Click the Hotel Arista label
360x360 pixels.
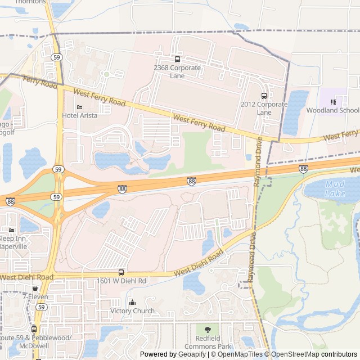point(79,115)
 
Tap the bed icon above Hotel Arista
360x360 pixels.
point(79,107)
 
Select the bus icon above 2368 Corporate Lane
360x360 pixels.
point(178,59)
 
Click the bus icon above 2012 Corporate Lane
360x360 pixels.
point(264,96)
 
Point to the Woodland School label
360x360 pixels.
point(332,110)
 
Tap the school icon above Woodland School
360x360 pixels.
point(332,102)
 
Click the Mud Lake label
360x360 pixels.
point(335,189)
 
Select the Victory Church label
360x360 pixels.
point(132,311)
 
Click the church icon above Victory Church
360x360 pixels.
point(132,303)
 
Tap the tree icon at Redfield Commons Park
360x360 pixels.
point(208,330)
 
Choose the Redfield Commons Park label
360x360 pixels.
point(208,342)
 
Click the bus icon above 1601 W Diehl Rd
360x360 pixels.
point(121,272)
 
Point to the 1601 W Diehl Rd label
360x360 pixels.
point(121,281)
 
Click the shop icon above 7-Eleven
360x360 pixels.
point(35,288)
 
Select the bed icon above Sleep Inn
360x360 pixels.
point(11,230)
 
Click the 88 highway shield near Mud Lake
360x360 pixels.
point(303,169)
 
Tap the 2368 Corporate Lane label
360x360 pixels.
point(177,71)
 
